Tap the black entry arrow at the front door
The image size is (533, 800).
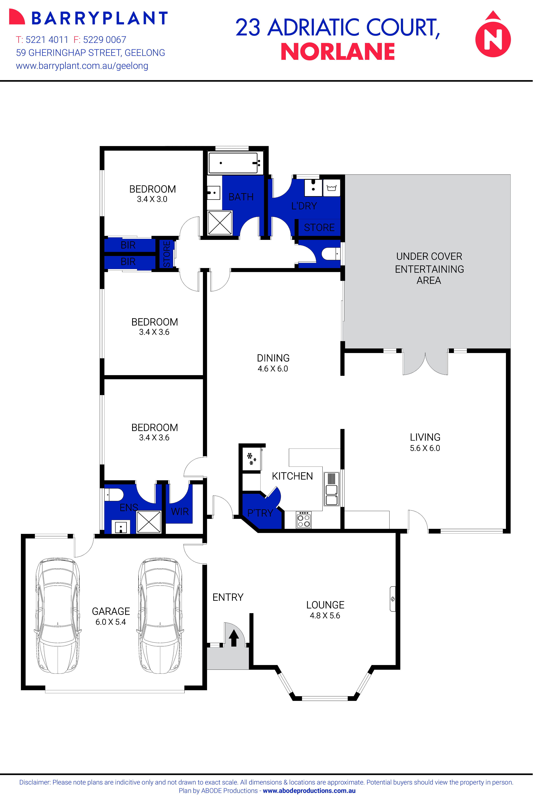click(x=234, y=638)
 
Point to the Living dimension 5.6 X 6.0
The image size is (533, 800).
click(x=425, y=448)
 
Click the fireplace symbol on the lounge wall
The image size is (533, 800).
click(x=393, y=599)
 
